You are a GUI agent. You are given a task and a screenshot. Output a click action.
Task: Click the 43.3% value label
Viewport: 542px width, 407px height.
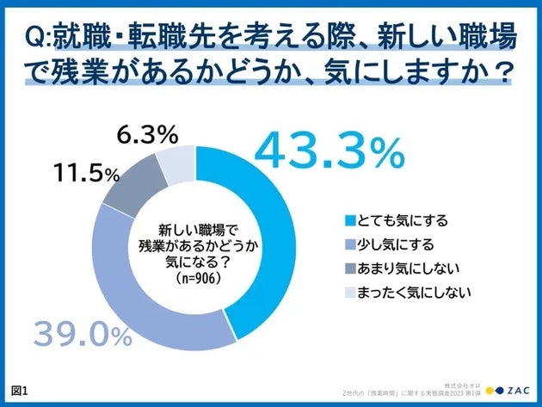click(330, 151)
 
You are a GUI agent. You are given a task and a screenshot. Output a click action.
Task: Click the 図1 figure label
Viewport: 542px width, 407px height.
click(18, 390)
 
